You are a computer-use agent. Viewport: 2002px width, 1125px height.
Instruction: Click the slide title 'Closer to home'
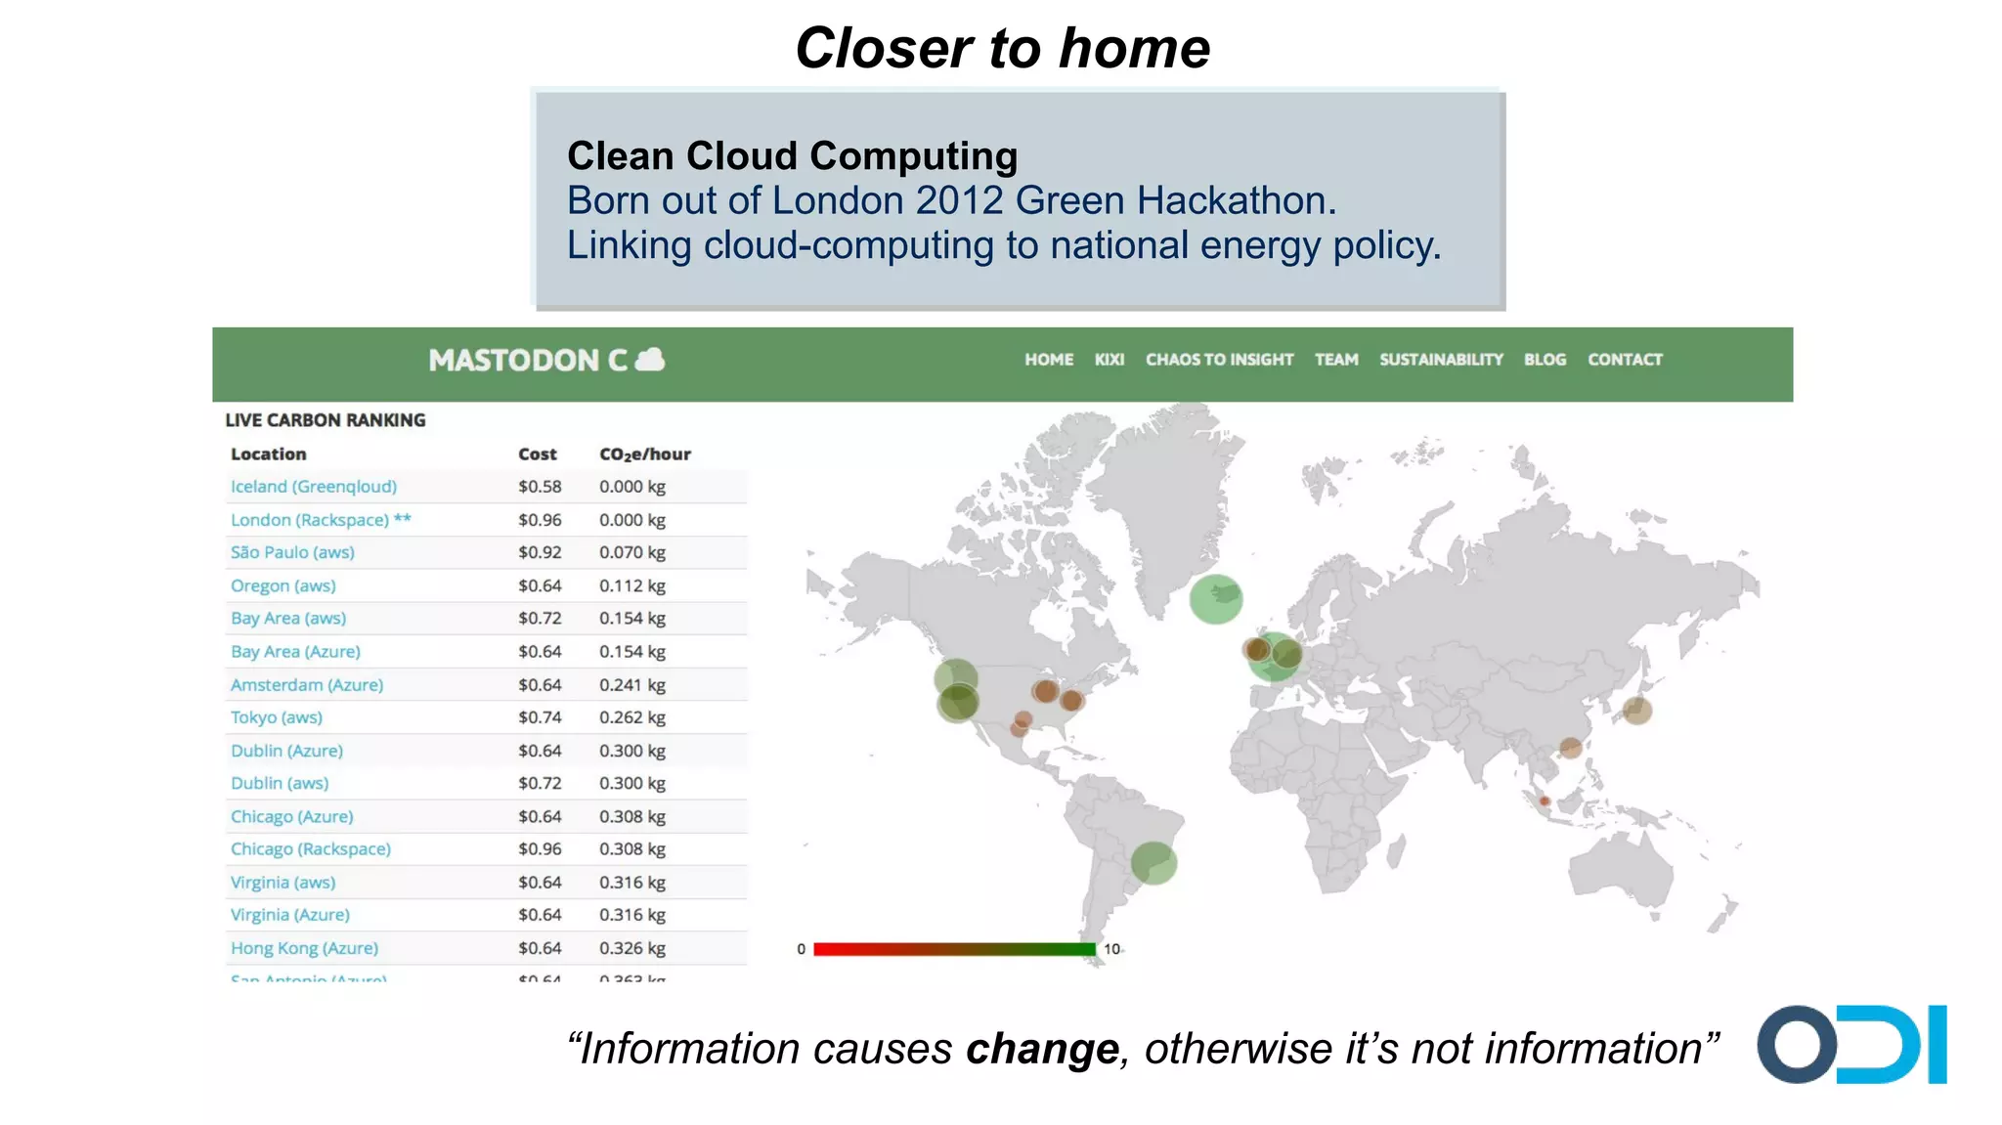[1002, 48]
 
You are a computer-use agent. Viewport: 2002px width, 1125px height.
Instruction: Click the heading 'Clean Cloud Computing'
[792, 156]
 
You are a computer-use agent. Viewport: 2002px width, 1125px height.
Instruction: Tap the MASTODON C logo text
[528, 361]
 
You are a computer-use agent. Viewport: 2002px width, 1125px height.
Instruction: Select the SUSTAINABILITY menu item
[1441, 360]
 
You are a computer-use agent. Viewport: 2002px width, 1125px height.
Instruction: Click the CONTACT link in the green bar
[1624, 360]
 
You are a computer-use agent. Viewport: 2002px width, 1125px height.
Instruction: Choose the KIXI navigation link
[1109, 360]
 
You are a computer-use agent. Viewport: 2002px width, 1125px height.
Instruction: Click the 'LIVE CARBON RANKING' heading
[326, 420]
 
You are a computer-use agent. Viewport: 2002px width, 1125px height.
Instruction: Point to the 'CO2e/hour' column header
[644, 454]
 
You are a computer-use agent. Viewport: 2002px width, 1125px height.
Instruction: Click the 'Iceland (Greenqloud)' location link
[314, 487]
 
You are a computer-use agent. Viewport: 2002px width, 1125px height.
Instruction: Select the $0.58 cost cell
[540, 487]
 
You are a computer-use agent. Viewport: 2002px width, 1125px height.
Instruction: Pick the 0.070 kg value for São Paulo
[631, 552]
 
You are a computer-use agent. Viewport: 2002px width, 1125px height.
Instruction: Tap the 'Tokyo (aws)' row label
[277, 717]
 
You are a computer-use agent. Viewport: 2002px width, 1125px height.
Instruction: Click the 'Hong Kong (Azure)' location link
[304, 948]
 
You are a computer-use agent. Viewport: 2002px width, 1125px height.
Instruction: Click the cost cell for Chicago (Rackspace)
[540, 849]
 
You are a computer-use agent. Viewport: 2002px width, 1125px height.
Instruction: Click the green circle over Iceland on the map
[1215, 598]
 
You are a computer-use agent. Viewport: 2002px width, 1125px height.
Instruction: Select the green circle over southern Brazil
[1153, 863]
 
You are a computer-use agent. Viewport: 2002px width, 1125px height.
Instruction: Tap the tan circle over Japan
[1637, 711]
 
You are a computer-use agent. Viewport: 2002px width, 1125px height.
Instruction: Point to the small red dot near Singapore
[1545, 801]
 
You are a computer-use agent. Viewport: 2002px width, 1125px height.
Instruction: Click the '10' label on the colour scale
[1111, 949]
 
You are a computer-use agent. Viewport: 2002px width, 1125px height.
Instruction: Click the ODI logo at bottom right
[1850, 1044]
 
